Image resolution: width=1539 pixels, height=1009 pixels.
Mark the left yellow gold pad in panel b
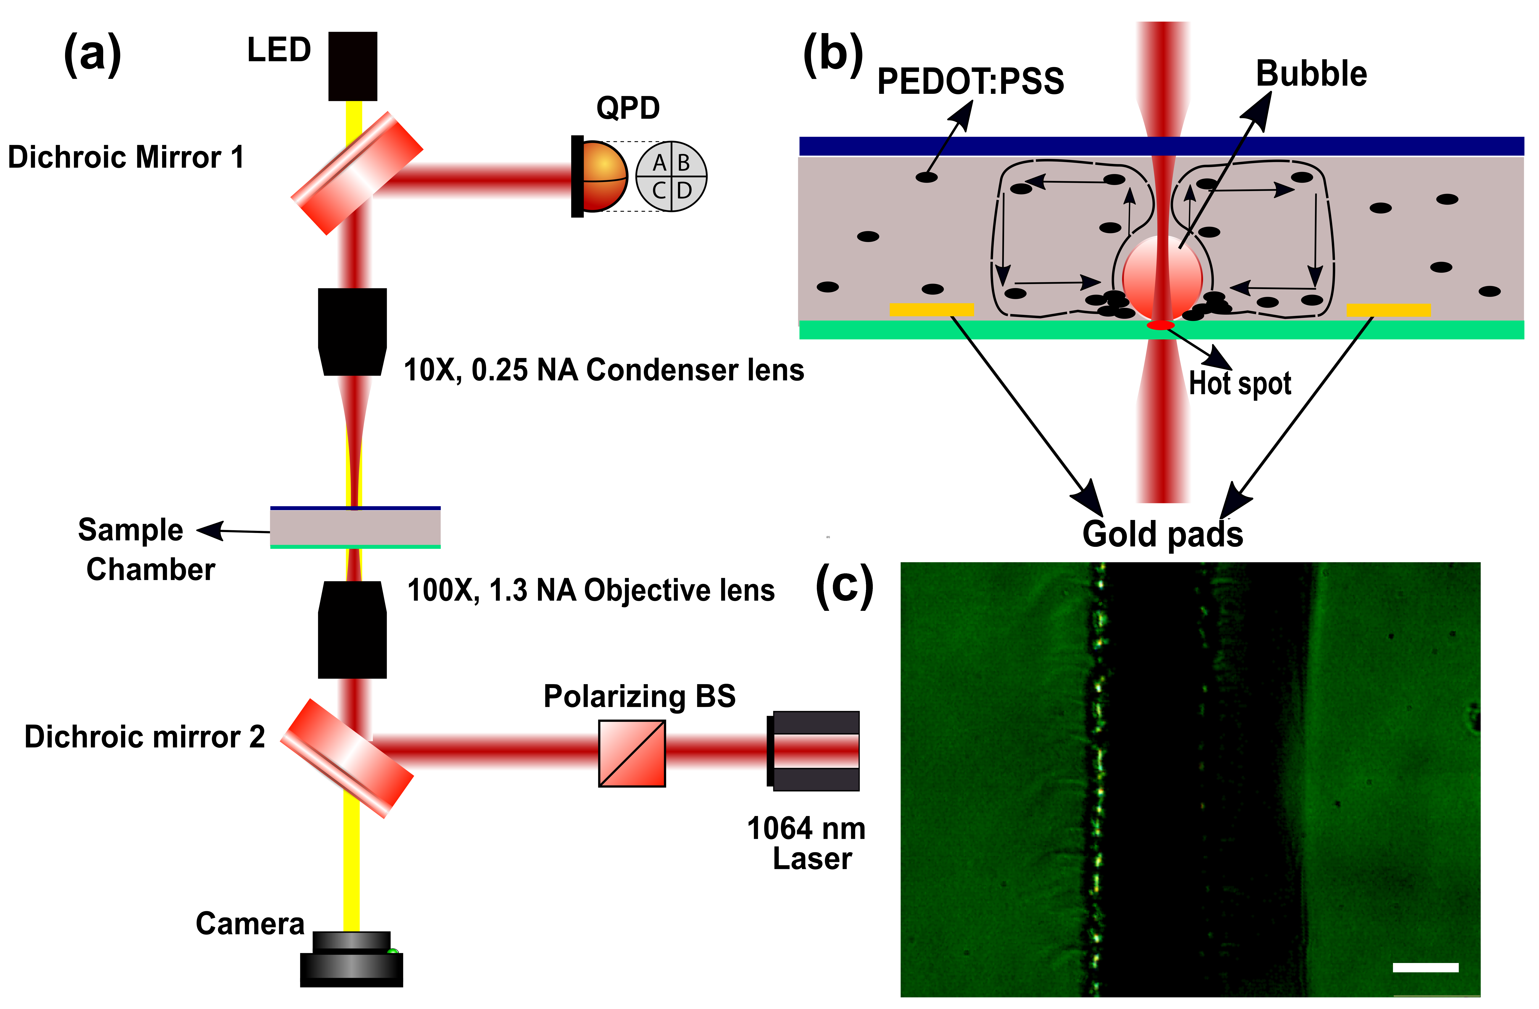click(931, 310)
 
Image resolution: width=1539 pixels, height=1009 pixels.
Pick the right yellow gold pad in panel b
click(1388, 310)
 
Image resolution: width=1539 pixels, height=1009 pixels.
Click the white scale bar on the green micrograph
click(1425, 968)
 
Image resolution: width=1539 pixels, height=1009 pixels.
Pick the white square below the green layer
click(1068, 400)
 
